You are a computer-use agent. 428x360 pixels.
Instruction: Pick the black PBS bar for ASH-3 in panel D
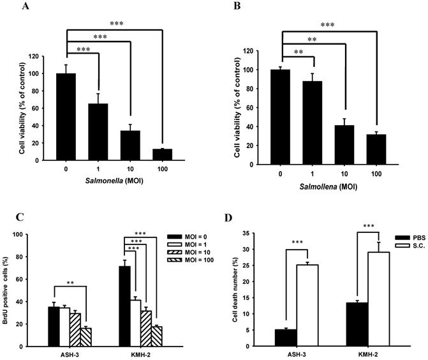coord(281,338)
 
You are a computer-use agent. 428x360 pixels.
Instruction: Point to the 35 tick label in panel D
coord(251,234)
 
